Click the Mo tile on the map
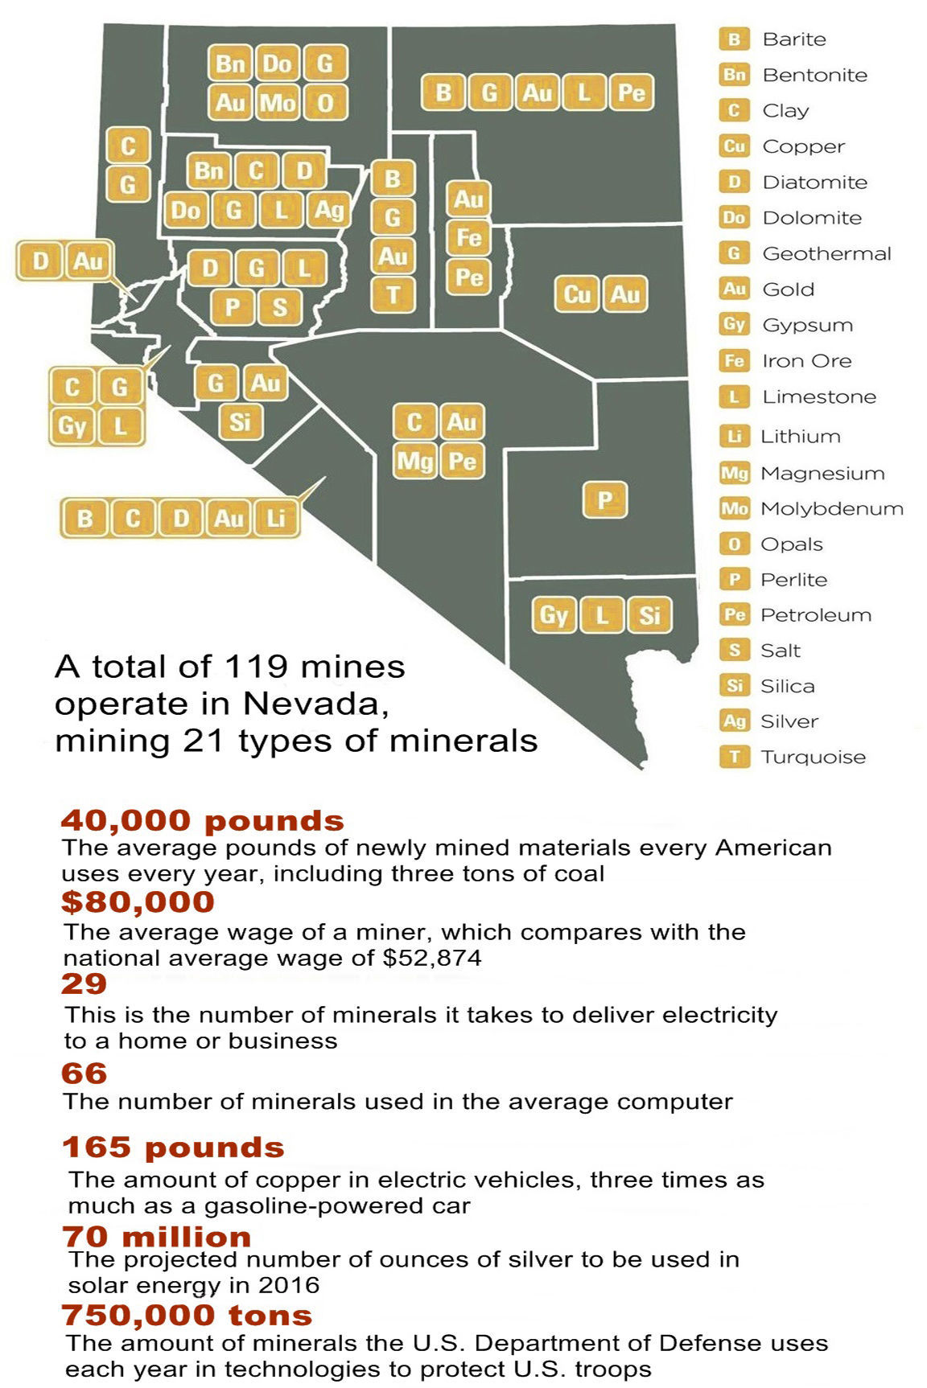278,102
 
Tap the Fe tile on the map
468,237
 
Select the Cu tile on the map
576,294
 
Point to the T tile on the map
393,294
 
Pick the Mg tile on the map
414,461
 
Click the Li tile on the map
276,518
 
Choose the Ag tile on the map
328,210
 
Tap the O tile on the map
325,102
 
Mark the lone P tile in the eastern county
604,500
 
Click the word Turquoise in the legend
813,757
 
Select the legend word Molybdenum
831,508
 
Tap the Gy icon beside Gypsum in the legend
734,324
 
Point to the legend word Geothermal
826,253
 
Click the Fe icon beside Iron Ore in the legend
734,360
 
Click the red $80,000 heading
138,902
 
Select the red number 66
84,1074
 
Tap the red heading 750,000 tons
187,1316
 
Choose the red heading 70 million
156,1236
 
